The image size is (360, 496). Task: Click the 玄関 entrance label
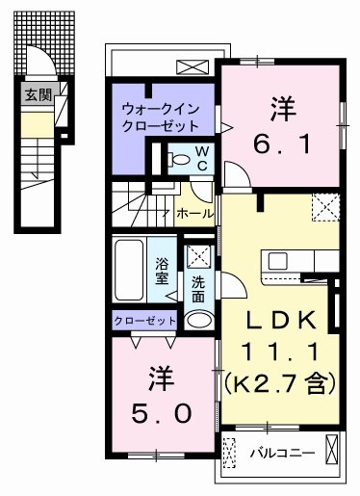[38, 94]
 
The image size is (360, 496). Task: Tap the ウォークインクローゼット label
[160, 117]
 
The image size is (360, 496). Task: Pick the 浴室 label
[163, 270]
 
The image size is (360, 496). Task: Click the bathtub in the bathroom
[129, 270]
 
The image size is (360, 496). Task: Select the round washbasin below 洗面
[199, 319]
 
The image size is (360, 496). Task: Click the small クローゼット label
[144, 320]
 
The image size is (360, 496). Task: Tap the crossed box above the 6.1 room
[192, 66]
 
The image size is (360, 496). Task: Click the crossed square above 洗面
[199, 257]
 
